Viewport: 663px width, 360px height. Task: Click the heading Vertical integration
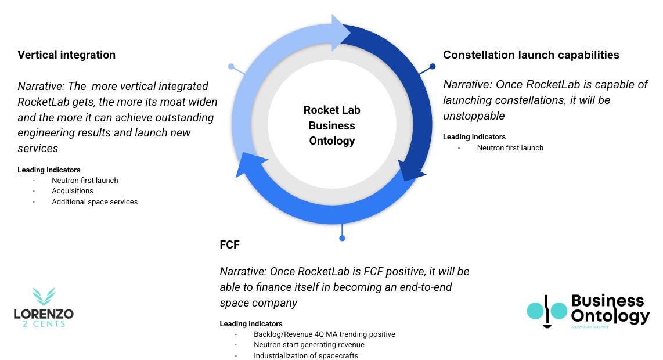click(x=66, y=55)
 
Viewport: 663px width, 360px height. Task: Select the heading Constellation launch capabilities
click(x=531, y=55)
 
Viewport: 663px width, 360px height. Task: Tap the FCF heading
click(x=229, y=245)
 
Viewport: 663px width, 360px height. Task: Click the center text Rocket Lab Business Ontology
click(x=331, y=125)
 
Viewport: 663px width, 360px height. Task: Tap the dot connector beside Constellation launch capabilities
click(x=433, y=66)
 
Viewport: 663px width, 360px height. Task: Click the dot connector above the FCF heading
click(x=342, y=238)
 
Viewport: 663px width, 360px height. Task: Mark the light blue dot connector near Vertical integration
click(x=231, y=67)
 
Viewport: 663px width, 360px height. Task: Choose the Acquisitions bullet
click(x=72, y=191)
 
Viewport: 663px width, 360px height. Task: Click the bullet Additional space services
click(x=95, y=202)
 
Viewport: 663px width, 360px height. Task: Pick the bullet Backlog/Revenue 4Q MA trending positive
click(x=324, y=334)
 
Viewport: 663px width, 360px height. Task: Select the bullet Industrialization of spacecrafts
click(x=305, y=355)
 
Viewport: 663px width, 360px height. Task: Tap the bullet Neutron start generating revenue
click(x=309, y=345)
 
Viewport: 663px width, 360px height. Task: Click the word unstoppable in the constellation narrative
click(x=474, y=116)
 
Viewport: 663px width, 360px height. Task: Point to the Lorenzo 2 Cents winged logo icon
click(x=44, y=297)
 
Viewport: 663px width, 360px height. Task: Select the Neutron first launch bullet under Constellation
click(x=510, y=148)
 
